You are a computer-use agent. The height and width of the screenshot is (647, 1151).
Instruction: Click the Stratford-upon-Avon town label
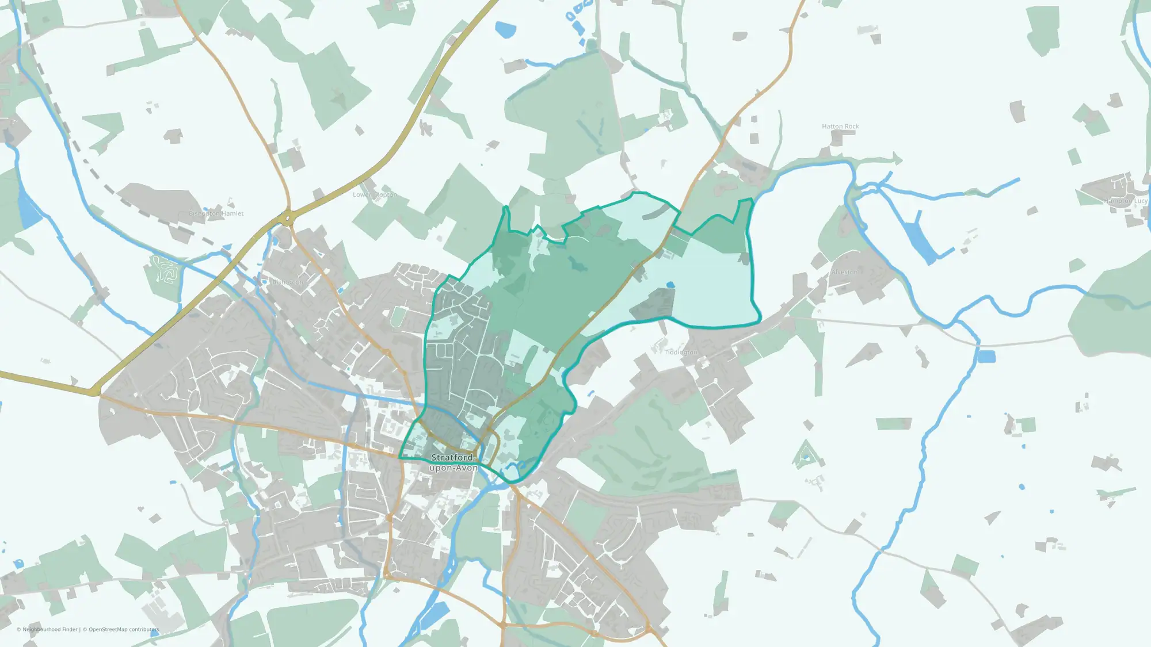pos(453,462)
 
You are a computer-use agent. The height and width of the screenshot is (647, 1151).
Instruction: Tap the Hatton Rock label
pos(840,127)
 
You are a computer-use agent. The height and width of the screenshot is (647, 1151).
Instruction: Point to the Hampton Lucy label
pos(1125,201)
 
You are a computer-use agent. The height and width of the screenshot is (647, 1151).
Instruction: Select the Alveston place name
pos(844,272)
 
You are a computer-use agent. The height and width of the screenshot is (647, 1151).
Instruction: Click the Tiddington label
pos(681,352)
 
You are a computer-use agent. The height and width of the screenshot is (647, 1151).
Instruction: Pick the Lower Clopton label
pos(375,195)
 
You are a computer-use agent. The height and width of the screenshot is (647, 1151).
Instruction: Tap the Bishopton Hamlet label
pos(216,213)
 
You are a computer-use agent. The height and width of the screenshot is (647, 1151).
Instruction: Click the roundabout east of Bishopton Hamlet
pos(287,218)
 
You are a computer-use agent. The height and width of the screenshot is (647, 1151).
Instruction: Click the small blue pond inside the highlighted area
pos(670,285)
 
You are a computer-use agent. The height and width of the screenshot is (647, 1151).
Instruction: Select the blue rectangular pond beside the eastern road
pos(986,357)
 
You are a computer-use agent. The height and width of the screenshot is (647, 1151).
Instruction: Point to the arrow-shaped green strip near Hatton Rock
pos(875,160)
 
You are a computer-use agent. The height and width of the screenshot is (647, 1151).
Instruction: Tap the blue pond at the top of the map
pos(506,29)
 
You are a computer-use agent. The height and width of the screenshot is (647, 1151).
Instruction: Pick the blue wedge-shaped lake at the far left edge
pos(29,210)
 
